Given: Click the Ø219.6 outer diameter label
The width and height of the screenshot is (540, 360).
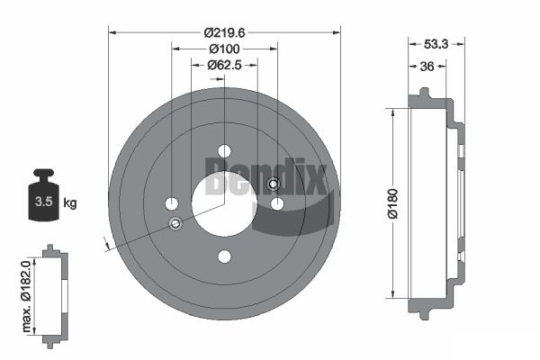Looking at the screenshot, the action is click(x=224, y=33).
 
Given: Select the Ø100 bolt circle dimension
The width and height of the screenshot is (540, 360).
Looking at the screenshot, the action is click(x=224, y=49).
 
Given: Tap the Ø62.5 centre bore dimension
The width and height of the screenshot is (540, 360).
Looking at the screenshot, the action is click(x=224, y=65).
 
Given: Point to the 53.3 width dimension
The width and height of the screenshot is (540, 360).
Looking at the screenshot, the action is click(x=436, y=44).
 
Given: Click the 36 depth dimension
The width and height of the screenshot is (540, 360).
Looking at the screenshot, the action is click(x=427, y=66).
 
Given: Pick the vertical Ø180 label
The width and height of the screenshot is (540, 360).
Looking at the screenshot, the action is click(x=393, y=203).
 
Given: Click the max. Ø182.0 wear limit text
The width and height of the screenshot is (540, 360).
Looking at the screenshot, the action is click(x=26, y=296).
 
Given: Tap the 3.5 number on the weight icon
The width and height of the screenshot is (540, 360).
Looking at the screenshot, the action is click(x=44, y=202).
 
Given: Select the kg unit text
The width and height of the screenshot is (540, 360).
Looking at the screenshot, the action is click(x=70, y=202).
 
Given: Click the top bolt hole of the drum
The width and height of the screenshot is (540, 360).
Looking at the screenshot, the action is click(x=224, y=151).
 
